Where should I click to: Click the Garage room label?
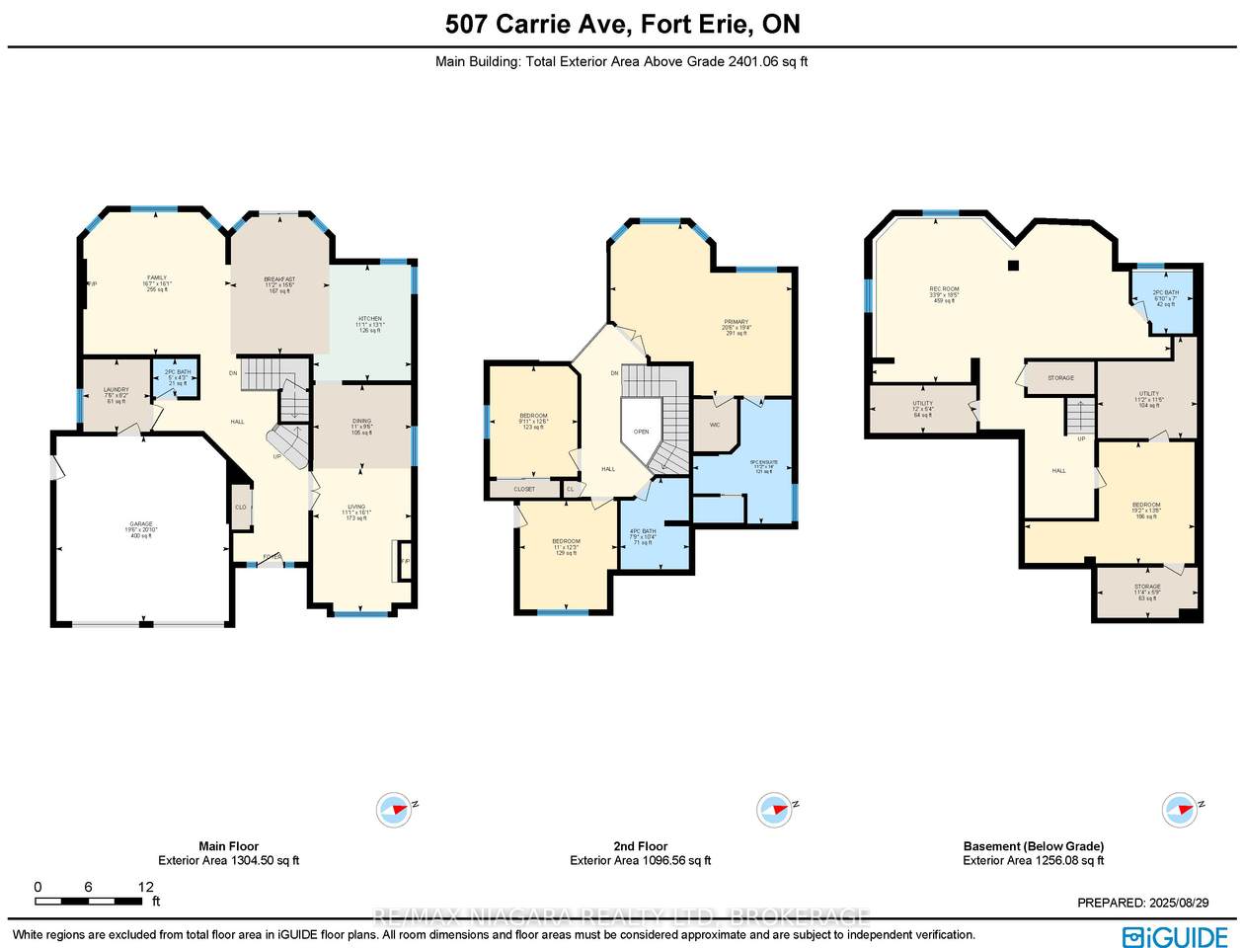(142, 529)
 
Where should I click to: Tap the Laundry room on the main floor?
(117, 395)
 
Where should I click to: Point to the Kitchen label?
(370, 324)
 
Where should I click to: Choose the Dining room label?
(361, 427)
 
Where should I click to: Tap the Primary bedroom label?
(736, 327)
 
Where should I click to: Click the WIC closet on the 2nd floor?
(714, 425)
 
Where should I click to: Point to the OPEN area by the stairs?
(641, 432)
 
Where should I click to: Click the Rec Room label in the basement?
(944, 294)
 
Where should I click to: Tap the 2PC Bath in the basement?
(1166, 298)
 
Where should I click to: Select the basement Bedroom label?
(1146, 510)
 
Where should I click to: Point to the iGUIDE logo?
(1175, 935)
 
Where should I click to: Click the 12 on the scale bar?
(146, 886)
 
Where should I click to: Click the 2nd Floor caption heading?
(640, 846)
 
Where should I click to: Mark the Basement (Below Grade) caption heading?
(1033, 846)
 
